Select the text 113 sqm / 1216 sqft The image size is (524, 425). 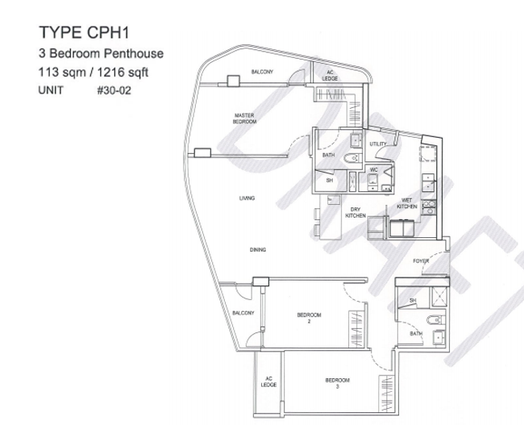tap(95, 73)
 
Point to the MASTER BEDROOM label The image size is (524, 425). tap(245, 118)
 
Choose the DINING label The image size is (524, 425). tap(257, 250)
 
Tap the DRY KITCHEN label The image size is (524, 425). tap(356, 213)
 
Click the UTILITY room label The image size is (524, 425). tap(378, 144)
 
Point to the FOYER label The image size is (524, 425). tap(421, 262)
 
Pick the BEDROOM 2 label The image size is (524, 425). tap(309, 318)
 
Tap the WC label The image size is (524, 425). tap(374, 170)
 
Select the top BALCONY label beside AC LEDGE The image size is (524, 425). tap(262, 73)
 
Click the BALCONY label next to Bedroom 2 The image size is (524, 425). tap(243, 313)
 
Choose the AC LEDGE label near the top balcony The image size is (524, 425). tap(330, 76)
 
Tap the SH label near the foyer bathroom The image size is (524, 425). tap(412, 300)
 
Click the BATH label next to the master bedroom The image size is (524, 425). tap(329, 155)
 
